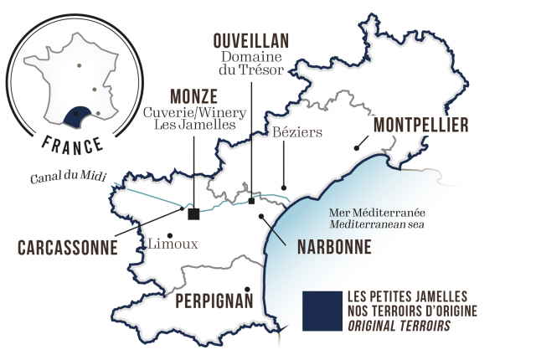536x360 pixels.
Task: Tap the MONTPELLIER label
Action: point(421,125)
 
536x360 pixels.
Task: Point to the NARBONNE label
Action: point(331,247)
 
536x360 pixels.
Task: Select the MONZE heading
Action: point(194,95)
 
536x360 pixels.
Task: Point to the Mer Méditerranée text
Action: point(366,213)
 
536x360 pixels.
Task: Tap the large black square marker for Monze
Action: point(194,213)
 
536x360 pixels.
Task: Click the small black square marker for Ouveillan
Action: point(251,200)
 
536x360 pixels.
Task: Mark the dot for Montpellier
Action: point(358,147)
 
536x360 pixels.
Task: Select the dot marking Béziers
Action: point(284,188)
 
